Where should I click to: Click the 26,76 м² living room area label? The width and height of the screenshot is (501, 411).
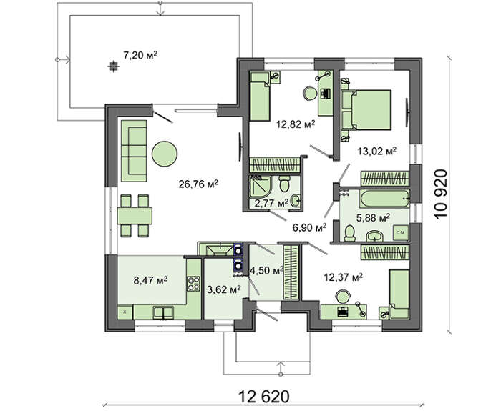198,184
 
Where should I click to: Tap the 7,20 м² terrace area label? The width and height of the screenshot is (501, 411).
140,55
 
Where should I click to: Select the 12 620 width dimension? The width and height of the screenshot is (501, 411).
264,396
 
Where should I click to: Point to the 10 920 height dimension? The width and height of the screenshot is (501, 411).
441,194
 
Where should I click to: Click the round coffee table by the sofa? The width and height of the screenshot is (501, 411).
164,154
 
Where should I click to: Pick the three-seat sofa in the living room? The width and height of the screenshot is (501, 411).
134,151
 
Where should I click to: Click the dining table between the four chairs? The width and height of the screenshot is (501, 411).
135,216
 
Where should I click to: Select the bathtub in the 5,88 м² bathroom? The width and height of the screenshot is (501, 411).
385,199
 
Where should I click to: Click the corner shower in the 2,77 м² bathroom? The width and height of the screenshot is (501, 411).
260,186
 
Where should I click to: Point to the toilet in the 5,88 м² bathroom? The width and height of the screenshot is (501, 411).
350,233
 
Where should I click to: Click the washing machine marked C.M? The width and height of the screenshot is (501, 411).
401,233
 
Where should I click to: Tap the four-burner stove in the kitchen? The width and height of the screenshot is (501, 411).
193,284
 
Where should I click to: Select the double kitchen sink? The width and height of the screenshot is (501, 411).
163,313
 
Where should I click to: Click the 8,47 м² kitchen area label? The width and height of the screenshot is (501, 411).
151,281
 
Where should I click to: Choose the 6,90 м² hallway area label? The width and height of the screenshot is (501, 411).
309,227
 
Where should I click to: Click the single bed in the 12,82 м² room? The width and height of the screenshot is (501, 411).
259,96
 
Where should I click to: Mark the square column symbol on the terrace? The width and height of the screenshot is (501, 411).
112,66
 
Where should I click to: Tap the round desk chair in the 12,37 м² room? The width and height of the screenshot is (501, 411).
343,296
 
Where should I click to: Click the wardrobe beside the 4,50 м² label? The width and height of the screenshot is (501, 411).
291,272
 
